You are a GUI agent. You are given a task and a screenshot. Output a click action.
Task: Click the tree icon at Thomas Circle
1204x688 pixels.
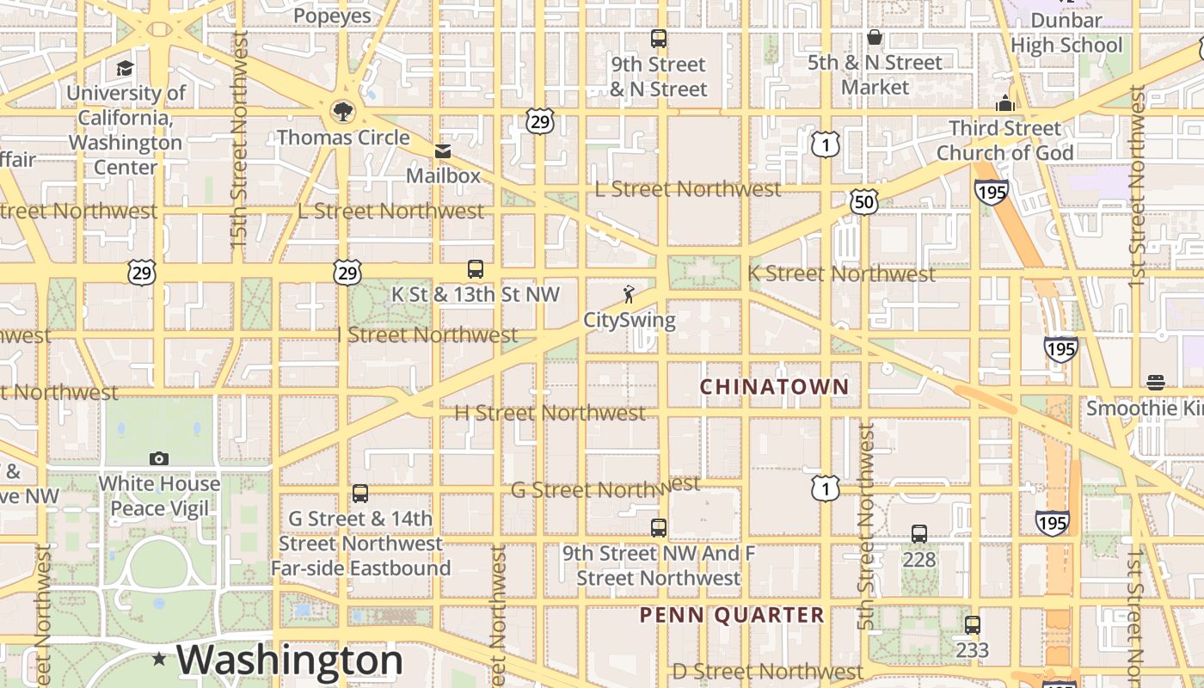coord(342,111)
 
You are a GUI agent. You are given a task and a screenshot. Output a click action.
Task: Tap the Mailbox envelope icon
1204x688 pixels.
coord(443,151)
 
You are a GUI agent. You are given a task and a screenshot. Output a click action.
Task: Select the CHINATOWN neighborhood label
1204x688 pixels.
coord(774,387)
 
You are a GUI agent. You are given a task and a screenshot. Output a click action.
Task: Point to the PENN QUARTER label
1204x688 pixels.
coord(732,615)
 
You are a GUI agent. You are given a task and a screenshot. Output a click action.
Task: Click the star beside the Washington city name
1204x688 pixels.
coord(159,660)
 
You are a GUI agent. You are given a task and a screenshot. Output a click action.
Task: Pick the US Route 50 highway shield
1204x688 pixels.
coord(864,202)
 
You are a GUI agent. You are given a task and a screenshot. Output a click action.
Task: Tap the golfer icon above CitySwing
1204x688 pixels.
coord(630,295)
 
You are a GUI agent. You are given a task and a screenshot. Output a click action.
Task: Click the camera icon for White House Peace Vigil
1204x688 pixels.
coord(159,458)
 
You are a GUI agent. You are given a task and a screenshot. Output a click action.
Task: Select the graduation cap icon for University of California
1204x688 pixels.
coord(126,68)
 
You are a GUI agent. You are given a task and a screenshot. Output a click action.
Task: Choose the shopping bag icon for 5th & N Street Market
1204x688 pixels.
coord(875,37)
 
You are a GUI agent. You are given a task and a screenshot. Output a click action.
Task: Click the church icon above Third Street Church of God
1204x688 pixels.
coord(1004,103)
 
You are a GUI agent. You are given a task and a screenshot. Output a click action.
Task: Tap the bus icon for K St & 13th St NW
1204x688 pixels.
coord(475,269)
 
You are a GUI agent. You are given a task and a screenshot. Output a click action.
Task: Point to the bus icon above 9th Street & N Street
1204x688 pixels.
coord(659,39)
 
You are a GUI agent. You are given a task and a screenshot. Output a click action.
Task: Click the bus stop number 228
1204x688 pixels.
coord(918,559)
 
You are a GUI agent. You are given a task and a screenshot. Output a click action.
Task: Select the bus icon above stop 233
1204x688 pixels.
coord(972,625)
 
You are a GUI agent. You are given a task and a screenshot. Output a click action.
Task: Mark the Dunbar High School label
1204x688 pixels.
coord(1066,33)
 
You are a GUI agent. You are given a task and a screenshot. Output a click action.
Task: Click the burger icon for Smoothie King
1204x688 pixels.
coord(1156,382)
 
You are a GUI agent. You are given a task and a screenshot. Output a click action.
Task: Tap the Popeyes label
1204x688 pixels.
coord(332,15)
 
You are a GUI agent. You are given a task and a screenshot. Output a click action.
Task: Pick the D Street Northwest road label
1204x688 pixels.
coord(767,671)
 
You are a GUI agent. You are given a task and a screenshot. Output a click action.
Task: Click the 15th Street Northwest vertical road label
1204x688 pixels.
coord(239,142)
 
